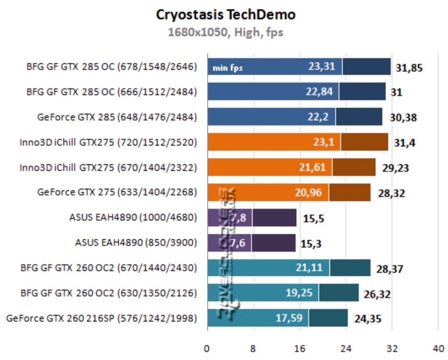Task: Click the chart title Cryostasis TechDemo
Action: pyautogui.click(x=226, y=15)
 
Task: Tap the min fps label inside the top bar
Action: pyautogui.click(x=228, y=67)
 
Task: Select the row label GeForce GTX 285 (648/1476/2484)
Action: pyautogui.click(x=117, y=117)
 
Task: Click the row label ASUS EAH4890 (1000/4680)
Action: pyautogui.click(x=133, y=218)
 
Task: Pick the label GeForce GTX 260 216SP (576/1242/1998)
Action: pyautogui.click(x=102, y=318)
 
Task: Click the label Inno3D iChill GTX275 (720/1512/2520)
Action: pyautogui.click(x=108, y=142)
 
